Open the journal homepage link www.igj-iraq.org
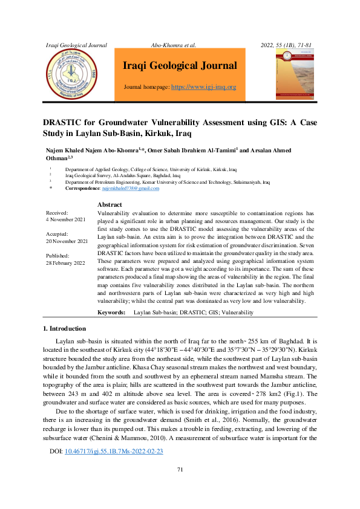(x=204, y=87)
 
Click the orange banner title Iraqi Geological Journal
(x=180, y=66)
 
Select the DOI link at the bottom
(x=113, y=451)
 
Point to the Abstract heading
(x=110, y=205)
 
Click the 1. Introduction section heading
(x=65, y=328)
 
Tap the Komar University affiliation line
(x=168, y=182)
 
